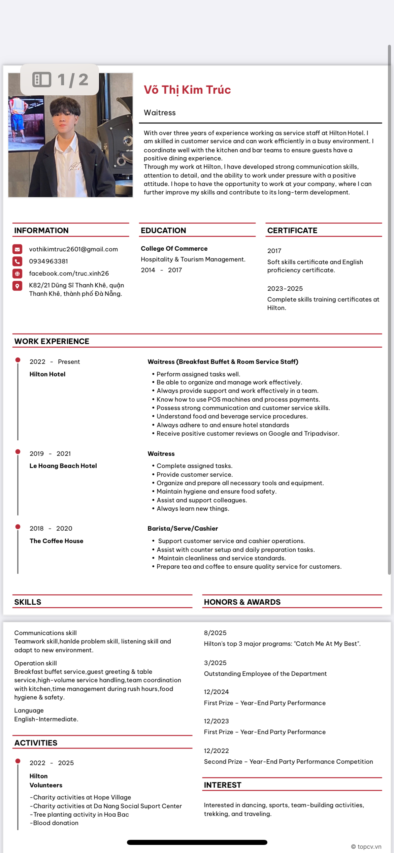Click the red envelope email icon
coord(18,249)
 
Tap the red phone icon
coord(18,261)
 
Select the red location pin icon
coord(18,286)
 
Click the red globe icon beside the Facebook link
coord(18,273)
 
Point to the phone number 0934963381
coord(48,261)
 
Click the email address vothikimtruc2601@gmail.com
coord(73,249)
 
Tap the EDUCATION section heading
coord(163,230)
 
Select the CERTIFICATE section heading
coord(292,230)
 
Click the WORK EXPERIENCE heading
coord(52,341)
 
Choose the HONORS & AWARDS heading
coord(242,602)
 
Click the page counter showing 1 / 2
coord(73,80)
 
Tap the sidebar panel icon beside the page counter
coord(42,80)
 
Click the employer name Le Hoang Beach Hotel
coord(63,466)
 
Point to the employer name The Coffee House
coord(57,541)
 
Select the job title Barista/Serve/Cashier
coord(183,528)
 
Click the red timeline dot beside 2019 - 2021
coord(18,452)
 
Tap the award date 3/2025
coord(215,663)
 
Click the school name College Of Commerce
coord(174,248)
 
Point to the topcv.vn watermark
coord(366,847)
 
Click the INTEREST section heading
coord(223,785)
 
